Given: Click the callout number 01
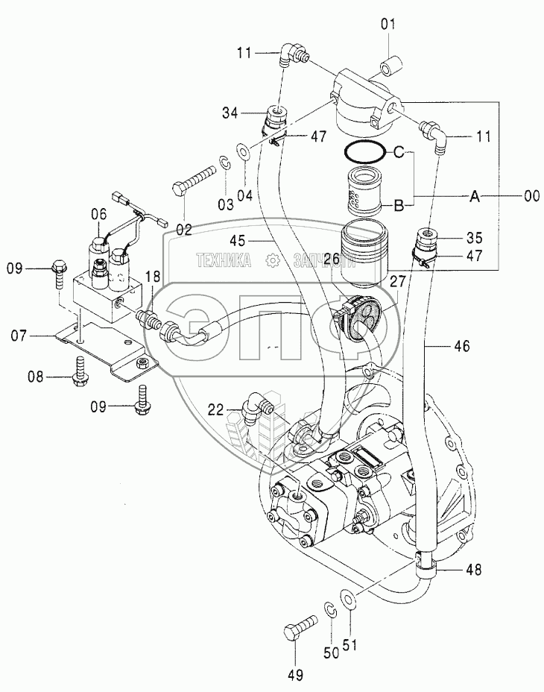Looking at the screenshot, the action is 388,25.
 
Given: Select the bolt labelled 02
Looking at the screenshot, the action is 194,180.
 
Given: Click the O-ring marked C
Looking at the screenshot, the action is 363,153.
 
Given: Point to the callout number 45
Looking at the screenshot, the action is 238,241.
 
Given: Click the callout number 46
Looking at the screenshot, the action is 461,347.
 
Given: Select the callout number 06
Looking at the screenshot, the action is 99,215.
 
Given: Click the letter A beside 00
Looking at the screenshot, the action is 475,196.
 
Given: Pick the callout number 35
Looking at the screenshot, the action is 474,238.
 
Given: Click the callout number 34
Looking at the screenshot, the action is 230,113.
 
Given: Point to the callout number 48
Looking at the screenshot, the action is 473,570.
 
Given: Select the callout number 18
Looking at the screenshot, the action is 153,277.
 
